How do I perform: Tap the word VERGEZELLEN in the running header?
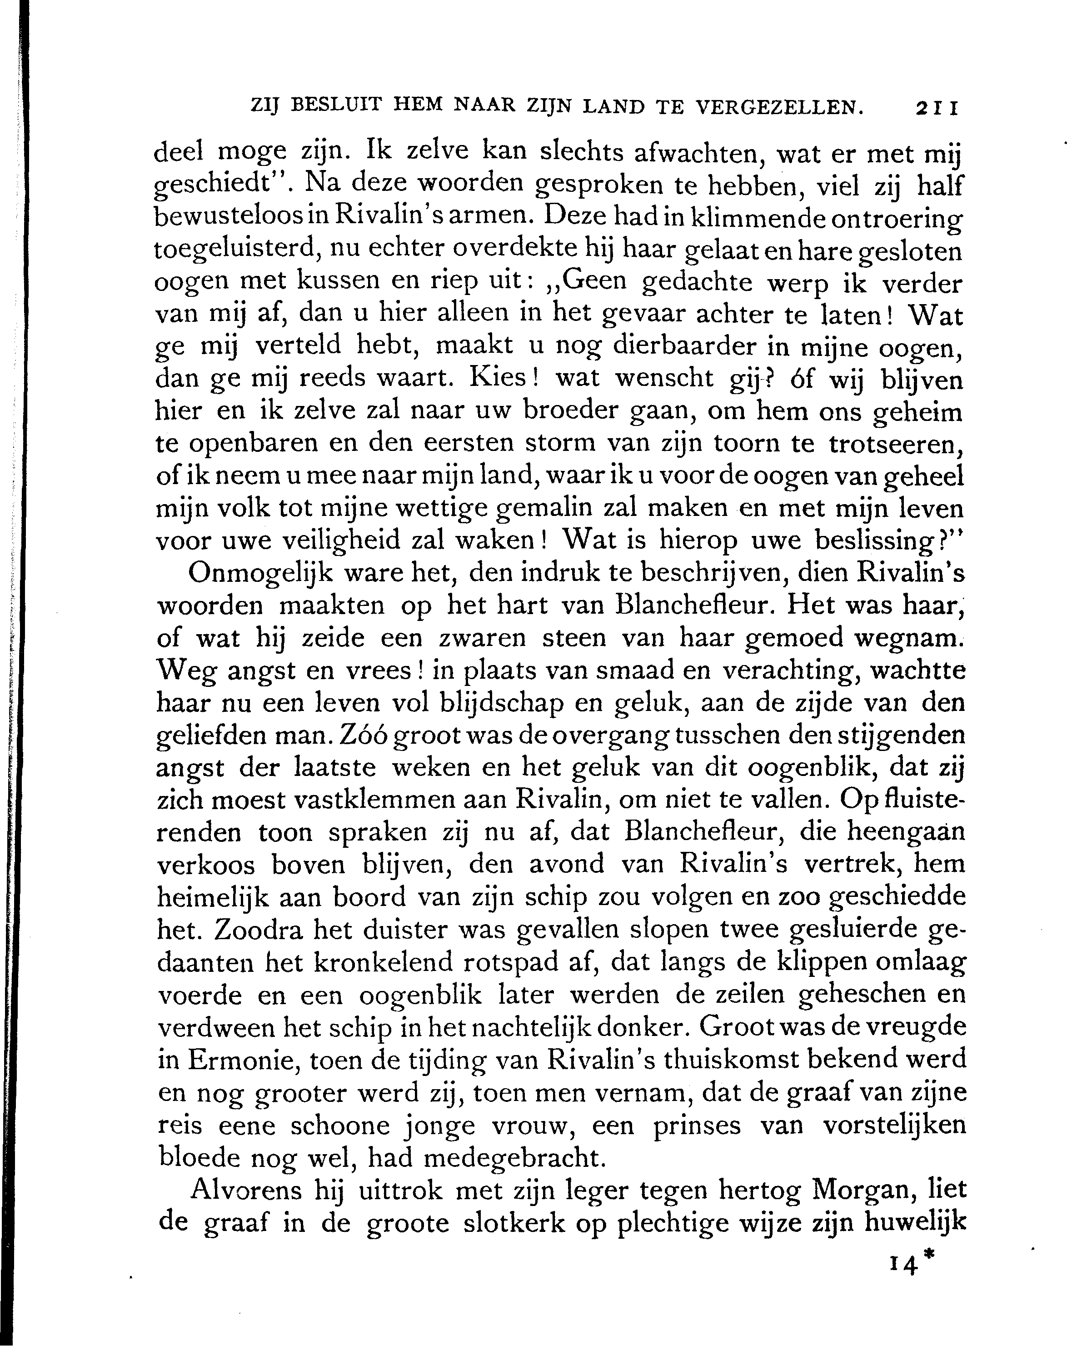(778, 108)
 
